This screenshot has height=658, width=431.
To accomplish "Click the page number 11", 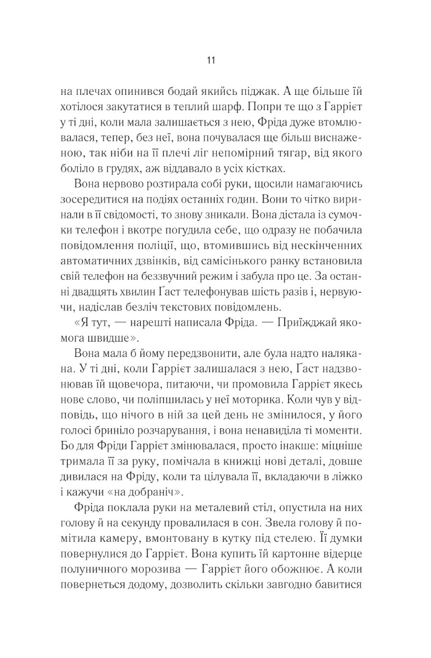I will pos(211,60).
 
